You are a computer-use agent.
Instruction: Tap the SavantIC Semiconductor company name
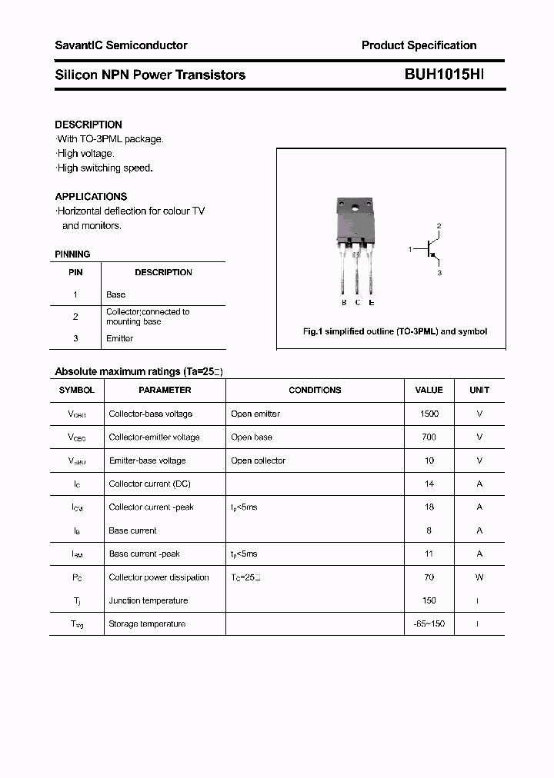121,45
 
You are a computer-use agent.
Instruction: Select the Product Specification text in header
419,45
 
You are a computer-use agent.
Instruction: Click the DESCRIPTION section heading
88,125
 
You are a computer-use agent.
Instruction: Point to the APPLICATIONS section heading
91,196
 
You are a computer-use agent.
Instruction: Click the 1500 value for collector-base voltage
429,414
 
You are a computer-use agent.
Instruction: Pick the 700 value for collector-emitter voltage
429,437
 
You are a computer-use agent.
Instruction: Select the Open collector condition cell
258,460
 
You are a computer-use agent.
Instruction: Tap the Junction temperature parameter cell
149,600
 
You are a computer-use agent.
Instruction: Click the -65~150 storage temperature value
429,623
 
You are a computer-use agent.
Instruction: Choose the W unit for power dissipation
479,577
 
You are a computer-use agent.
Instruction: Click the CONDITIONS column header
315,390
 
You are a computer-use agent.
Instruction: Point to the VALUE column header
429,390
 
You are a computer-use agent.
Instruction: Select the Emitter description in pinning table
119,338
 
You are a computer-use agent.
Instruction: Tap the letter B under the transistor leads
344,303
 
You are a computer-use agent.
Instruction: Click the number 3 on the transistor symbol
439,272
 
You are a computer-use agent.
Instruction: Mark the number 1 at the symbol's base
410,249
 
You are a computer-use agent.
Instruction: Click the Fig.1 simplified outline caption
395,331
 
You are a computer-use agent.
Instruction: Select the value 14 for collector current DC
429,484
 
